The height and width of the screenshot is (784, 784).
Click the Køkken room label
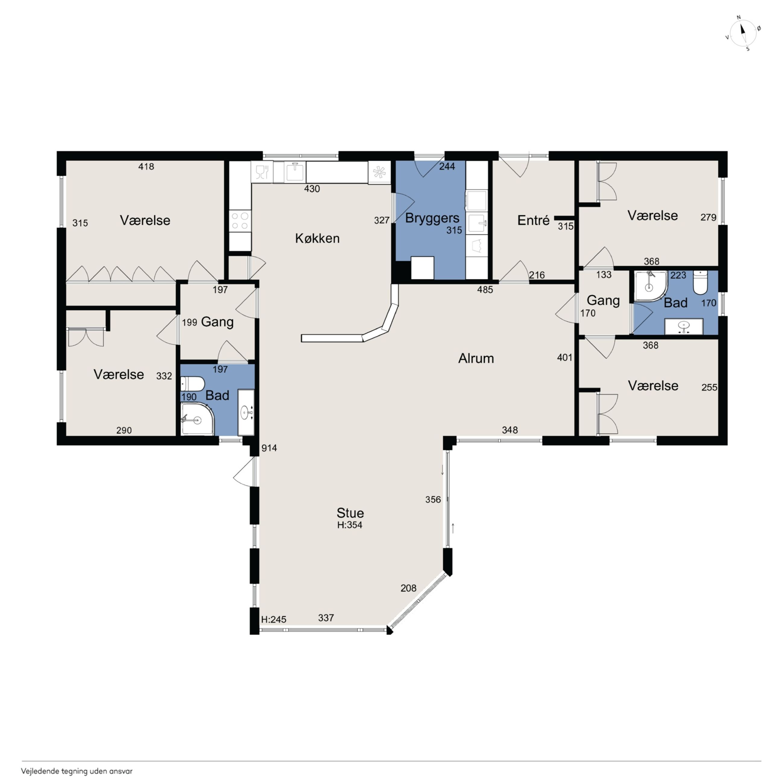click(317, 238)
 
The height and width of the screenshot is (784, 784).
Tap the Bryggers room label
click(432, 218)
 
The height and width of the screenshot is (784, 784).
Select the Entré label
click(533, 220)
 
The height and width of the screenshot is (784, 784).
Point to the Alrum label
click(476, 358)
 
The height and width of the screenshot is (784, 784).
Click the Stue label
click(350, 513)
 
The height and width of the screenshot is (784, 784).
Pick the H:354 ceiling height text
click(350, 525)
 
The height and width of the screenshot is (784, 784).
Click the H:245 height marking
click(273, 620)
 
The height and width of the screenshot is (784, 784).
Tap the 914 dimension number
click(269, 448)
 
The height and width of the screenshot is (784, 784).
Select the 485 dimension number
click(485, 290)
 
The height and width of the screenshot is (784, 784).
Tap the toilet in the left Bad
click(192, 384)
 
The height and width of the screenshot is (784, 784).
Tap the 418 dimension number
click(146, 166)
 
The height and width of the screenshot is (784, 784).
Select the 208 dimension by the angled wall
click(408, 588)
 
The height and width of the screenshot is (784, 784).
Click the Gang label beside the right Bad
click(603, 301)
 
